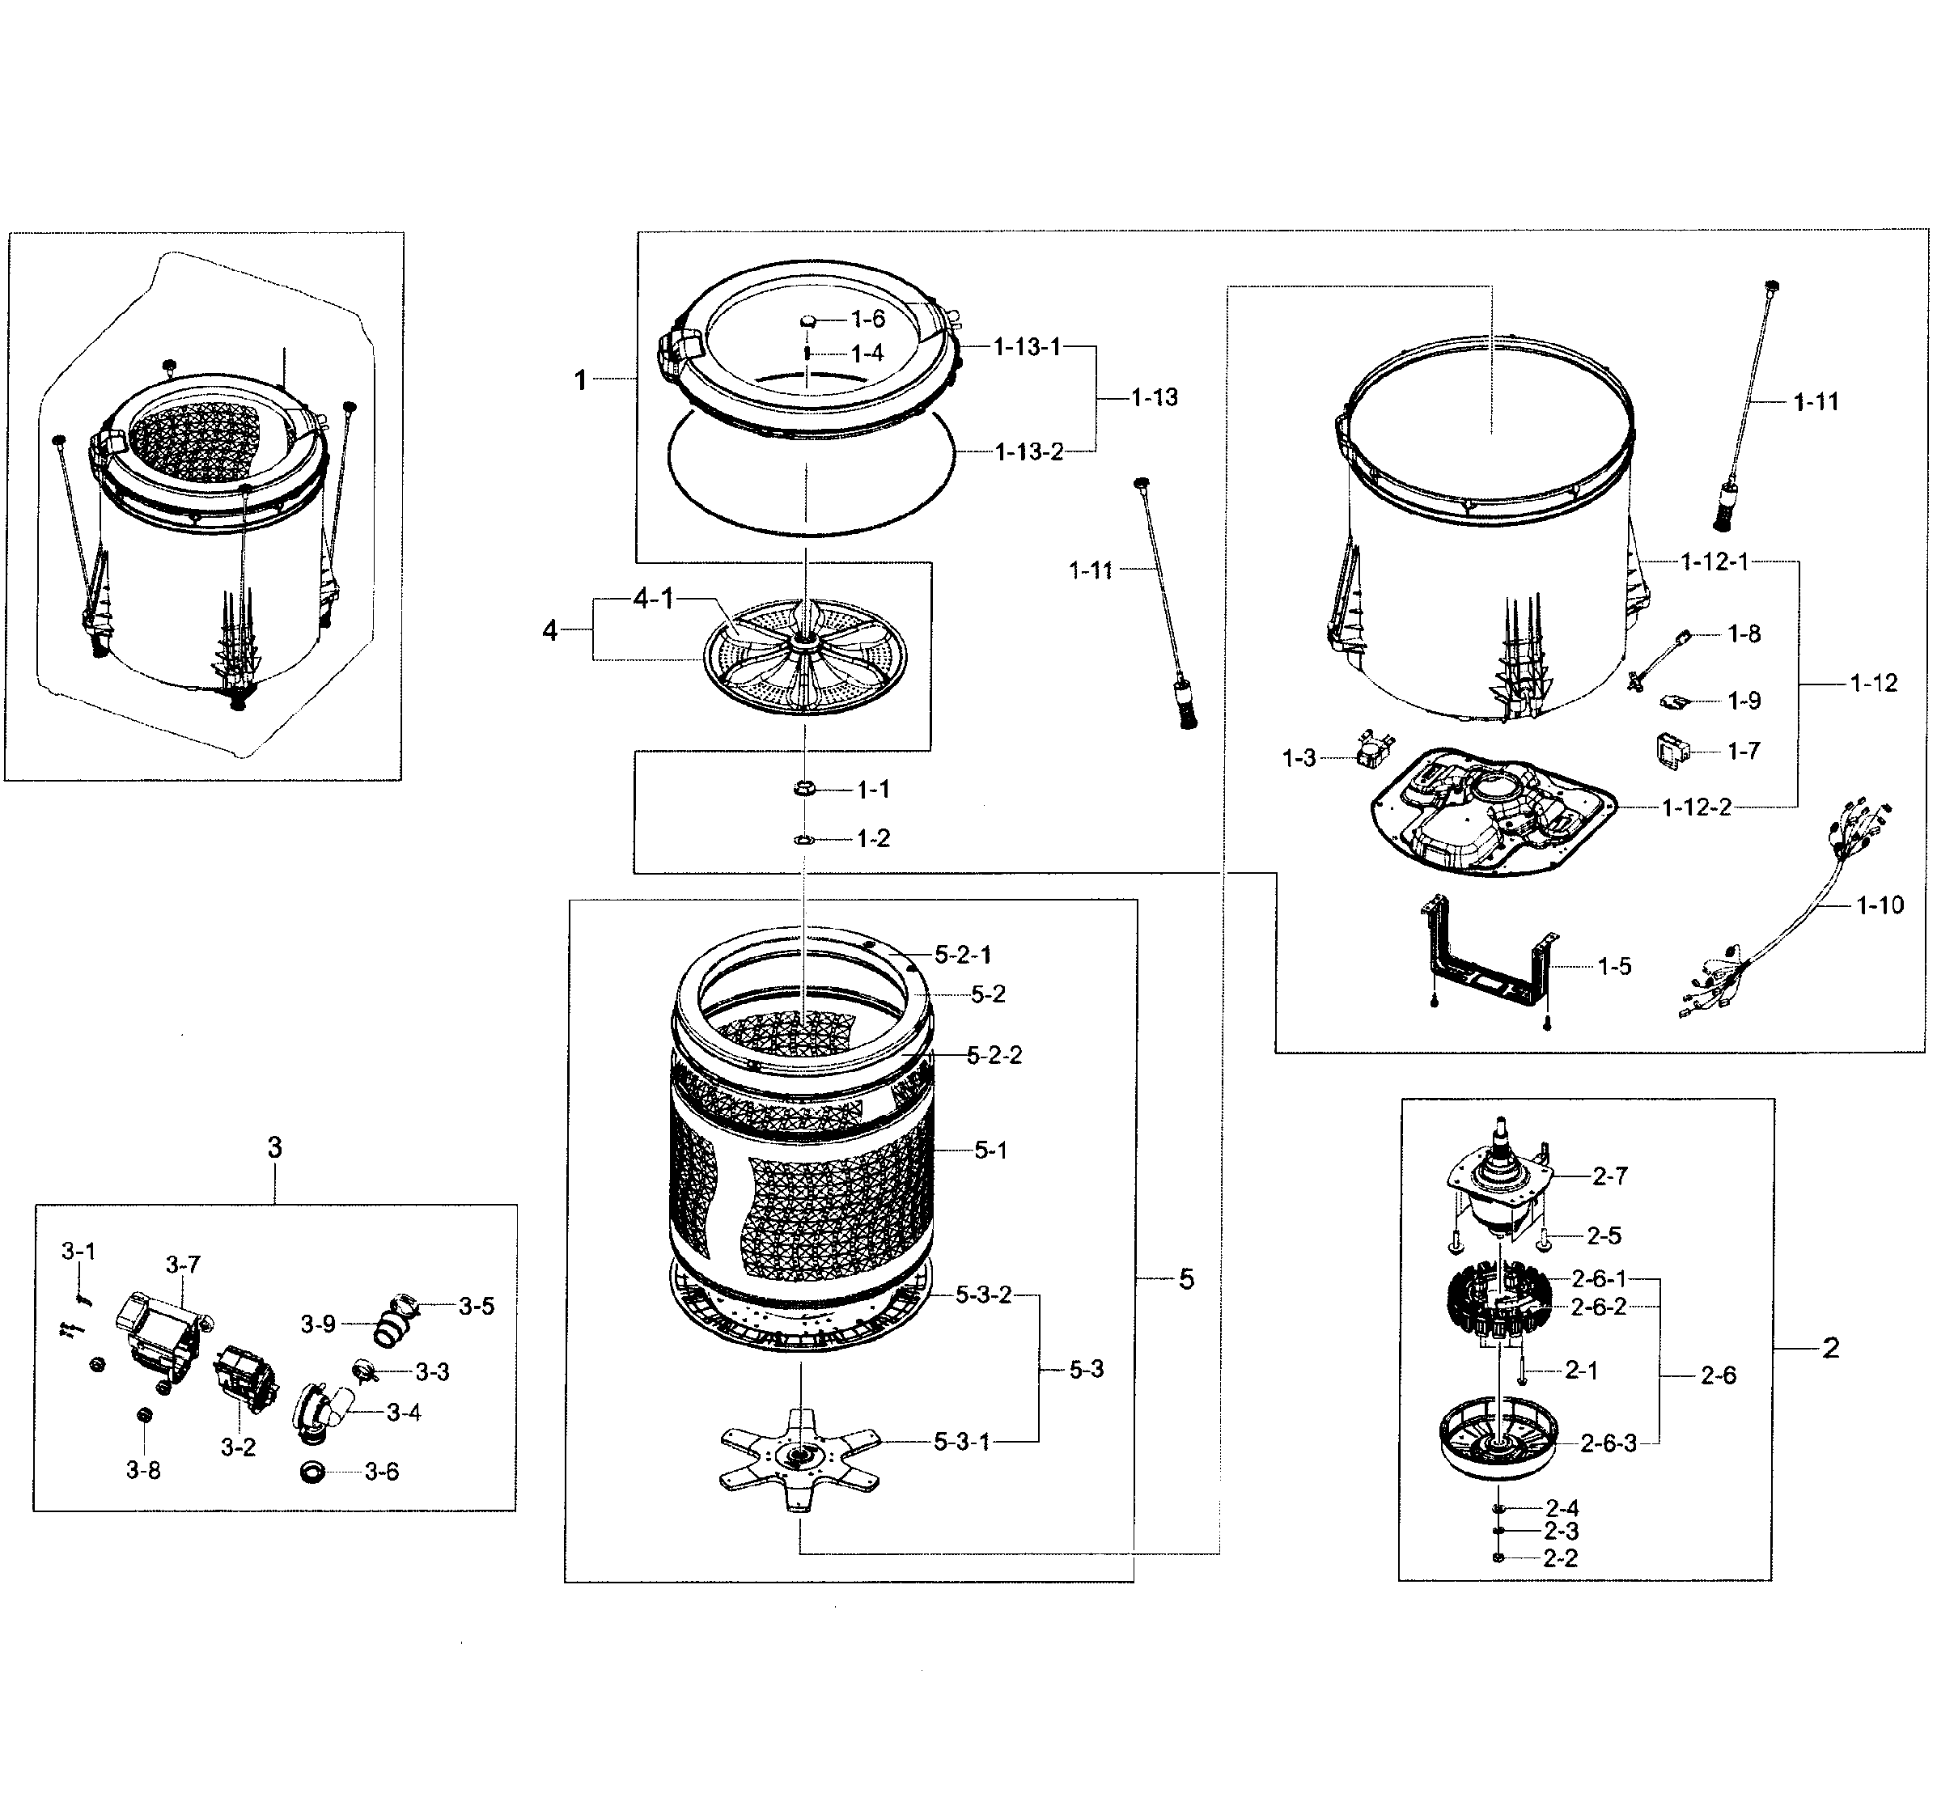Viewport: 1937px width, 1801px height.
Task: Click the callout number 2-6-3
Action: (x=1608, y=1444)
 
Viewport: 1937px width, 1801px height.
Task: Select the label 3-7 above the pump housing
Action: (x=182, y=1265)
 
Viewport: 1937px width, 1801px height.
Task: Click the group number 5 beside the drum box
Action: (x=1186, y=1280)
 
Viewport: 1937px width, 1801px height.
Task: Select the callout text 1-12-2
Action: (x=1697, y=807)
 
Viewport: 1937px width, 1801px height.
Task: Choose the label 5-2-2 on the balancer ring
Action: (x=994, y=1056)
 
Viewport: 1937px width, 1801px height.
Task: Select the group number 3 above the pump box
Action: (x=275, y=1148)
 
